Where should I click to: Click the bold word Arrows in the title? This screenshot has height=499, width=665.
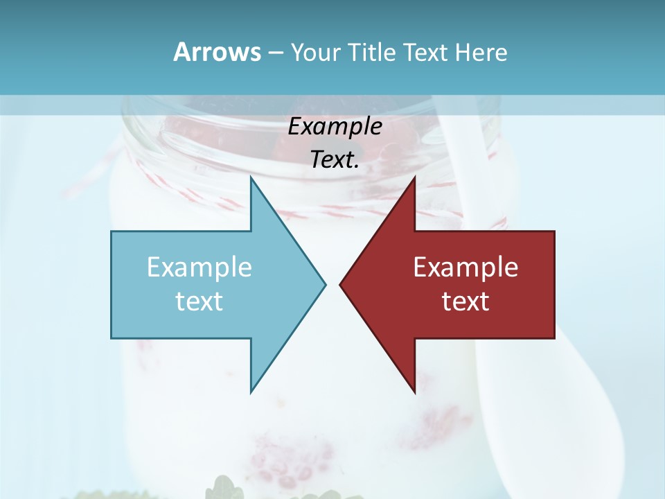217,52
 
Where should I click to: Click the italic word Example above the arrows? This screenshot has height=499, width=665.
335,127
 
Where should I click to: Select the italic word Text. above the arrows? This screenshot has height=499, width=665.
335,160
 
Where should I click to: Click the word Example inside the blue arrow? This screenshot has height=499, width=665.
199,268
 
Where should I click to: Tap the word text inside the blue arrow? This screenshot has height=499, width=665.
199,301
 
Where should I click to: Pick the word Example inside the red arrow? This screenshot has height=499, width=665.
465,268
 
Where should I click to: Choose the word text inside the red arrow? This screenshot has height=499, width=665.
465,301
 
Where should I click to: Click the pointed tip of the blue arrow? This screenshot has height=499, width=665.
324,283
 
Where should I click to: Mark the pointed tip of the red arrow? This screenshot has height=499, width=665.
341,283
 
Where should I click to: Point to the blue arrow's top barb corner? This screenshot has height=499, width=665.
251,178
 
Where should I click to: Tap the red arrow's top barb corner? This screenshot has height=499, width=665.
414,178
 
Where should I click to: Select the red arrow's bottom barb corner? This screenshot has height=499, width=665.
414,392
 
